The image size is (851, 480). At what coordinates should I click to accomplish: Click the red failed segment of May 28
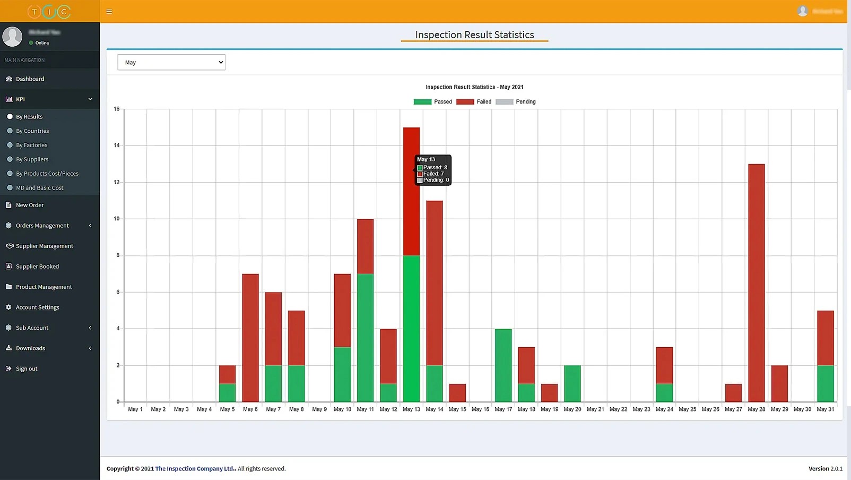[x=757, y=282]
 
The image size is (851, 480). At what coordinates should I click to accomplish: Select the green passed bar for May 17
[x=503, y=365]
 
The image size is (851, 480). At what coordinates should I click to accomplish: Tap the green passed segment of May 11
[x=365, y=338]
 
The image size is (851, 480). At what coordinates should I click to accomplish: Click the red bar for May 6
[x=250, y=338]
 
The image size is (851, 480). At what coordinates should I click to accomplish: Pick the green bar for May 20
[x=572, y=383]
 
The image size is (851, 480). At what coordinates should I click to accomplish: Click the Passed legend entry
[x=433, y=102]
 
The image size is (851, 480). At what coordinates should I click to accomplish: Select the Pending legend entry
[x=516, y=102]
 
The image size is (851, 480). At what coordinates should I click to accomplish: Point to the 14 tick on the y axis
[x=117, y=145]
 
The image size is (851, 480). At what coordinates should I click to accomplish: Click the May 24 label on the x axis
[x=664, y=409]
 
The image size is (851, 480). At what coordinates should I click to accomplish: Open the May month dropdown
[x=171, y=62]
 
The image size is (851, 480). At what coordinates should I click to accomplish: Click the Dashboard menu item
[x=30, y=79]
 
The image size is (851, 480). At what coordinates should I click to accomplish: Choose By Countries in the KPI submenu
[x=32, y=131]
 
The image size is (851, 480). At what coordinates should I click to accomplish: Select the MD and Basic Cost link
[x=39, y=188]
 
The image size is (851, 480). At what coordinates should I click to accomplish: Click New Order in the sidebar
[x=30, y=205]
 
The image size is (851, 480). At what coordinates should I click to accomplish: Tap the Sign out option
[x=27, y=369]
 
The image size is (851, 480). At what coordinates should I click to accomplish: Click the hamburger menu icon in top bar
[x=109, y=11]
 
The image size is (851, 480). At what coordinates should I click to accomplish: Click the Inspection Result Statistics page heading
[x=474, y=35]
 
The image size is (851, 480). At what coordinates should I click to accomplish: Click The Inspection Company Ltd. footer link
[x=195, y=469]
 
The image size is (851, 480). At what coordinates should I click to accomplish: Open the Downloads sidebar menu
[x=31, y=348]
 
